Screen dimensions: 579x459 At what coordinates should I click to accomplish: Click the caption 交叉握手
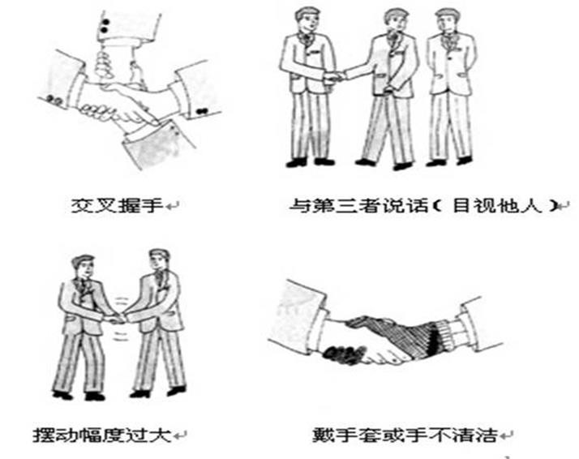point(117,205)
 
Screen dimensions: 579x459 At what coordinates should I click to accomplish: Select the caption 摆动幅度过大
point(102,435)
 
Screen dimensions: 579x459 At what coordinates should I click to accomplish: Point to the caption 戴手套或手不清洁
point(405,435)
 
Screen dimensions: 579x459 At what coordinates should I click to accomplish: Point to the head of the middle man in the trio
point(395,22)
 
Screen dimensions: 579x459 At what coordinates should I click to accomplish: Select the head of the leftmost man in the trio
point(307,20)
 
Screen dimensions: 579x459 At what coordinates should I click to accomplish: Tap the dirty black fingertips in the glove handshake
point(342,354)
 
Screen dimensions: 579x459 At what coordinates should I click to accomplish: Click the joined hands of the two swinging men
point(118,319)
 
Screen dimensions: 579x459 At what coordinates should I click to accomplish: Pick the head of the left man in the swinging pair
point(84,267)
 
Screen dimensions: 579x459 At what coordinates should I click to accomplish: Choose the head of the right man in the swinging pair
point(160,261)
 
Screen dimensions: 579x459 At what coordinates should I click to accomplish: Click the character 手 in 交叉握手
point(152,205)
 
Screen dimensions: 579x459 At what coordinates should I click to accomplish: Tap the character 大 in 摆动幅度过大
point(161,435)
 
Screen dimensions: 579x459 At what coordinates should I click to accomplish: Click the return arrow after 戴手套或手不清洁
point(506,436)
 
